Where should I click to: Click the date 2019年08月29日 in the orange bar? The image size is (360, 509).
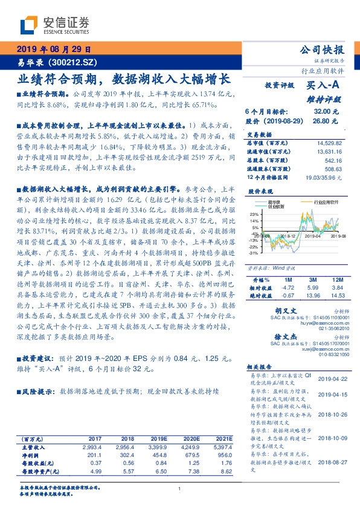53,50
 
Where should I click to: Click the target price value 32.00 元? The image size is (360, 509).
322,112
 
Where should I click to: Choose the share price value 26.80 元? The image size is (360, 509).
322,120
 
